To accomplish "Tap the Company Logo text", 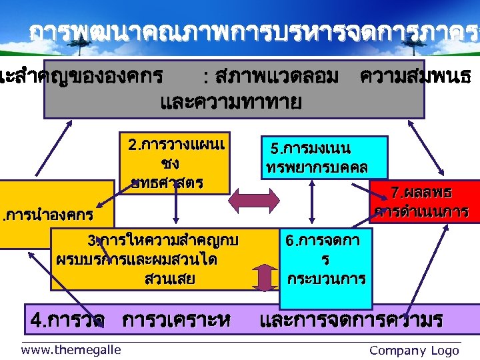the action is tap(414, 351).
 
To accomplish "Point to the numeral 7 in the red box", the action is tap(395, 193).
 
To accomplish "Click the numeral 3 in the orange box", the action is tap(91, 241).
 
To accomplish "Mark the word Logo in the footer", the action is tap(445, 351).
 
